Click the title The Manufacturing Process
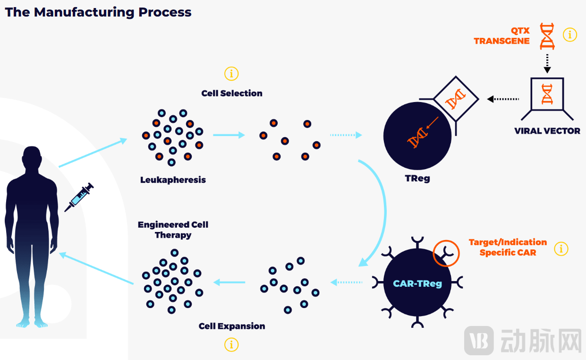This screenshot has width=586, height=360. click(98, 12)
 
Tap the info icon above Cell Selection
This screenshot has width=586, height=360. click(231, 74)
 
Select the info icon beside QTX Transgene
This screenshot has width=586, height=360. click(570, 34)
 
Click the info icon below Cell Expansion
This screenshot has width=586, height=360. click(231, 345)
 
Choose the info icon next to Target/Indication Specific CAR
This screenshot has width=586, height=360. click(561, 249)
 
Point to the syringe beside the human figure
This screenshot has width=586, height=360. click(79, 197)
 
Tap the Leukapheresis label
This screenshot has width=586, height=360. click(173, 180)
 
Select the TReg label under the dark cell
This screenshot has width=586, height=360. click(417, 179)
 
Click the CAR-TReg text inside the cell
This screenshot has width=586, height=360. click(417, 284)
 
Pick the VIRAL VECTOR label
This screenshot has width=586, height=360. click(547, 131)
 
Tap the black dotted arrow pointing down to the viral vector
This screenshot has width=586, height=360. click(547, 63)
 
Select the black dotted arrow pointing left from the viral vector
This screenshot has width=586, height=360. click(503, 99)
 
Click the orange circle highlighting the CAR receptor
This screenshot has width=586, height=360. click(446, 253)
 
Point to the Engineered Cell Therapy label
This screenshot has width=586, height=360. click(173, 230)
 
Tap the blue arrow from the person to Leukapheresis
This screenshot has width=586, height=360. click(93, 153)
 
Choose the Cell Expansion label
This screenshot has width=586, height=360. click(232, 326)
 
